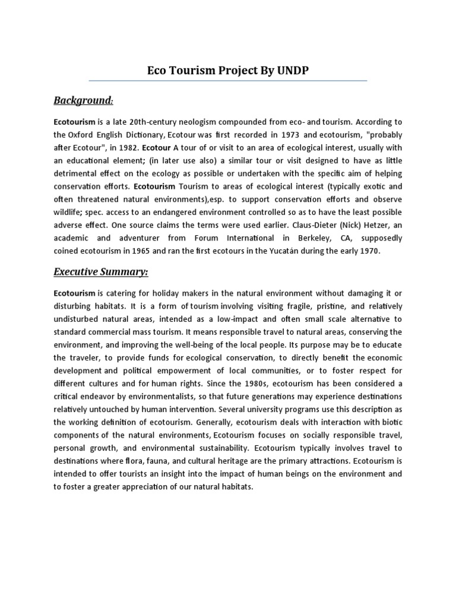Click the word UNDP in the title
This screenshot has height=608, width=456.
click(292, 71)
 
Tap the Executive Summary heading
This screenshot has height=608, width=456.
click(101, 272)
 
